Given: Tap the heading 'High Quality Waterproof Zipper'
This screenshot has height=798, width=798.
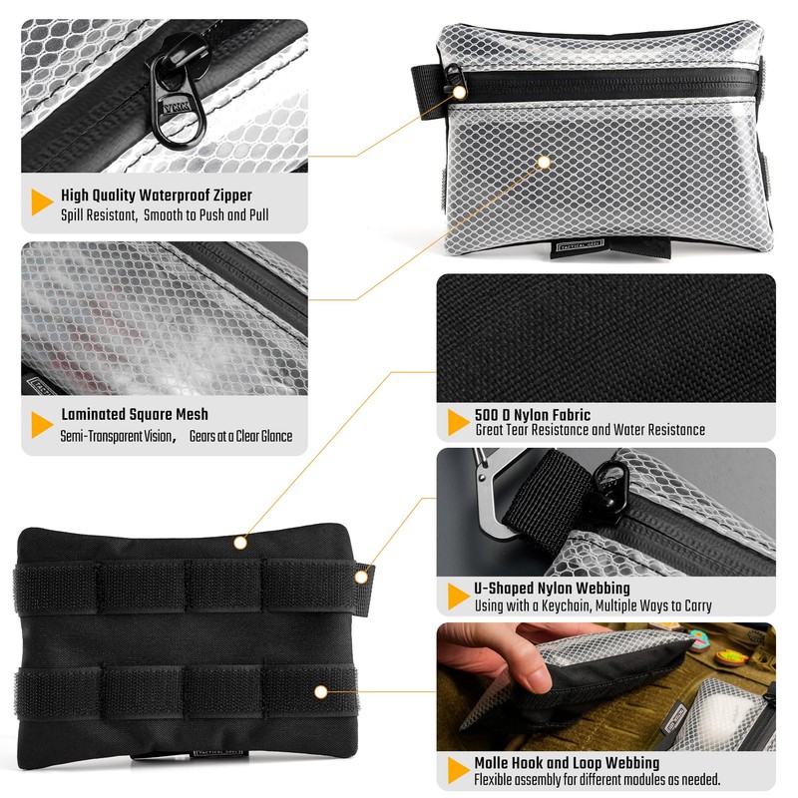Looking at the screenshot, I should click(x=157, y=196).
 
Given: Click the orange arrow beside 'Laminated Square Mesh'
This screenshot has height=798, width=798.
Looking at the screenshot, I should click(x=42, y=424).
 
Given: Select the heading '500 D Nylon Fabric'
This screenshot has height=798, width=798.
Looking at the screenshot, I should click(x=533, y=414).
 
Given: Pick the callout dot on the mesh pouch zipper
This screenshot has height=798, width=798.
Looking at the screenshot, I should click(x=460, y=92).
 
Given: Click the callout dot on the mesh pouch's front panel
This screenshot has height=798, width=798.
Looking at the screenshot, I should click(x=544, y=160).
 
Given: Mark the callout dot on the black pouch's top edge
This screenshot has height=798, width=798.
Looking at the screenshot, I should click(x=240, y=543).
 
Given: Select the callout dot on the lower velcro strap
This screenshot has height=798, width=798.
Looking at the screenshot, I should click(x=320, y=690).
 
